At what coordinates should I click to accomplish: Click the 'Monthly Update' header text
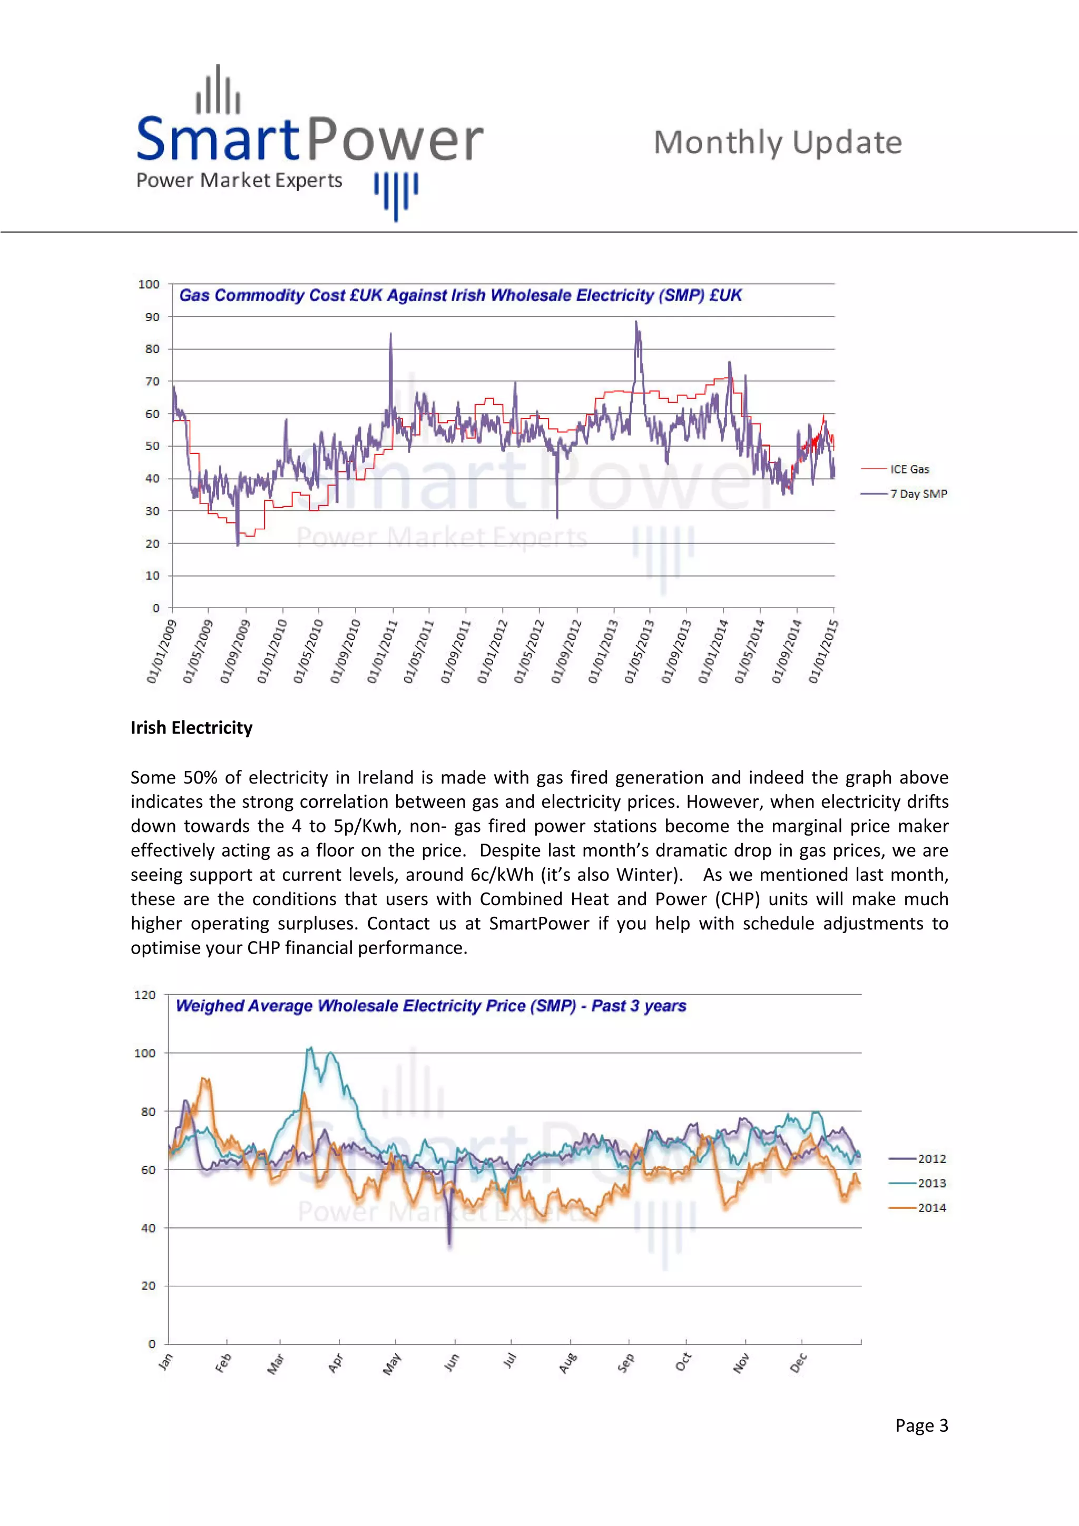point(777,143)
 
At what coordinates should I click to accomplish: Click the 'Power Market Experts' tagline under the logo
point(239,181)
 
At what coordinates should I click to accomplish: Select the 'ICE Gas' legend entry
point(909,469)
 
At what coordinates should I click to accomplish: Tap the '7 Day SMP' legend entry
point(918,494)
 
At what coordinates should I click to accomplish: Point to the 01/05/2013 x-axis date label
point(639,651)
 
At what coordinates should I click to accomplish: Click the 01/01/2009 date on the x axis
point(162,651)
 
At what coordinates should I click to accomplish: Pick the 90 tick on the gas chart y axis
point(152,317)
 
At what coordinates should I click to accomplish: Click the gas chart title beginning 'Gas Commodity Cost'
point(460,295)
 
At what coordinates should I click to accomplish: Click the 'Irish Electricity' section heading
point(191,728)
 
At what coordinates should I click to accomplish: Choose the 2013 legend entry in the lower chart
point(931,1183)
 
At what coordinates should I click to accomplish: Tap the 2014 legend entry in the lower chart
point(931,1207)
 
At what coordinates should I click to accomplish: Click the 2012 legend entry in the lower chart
point(931,1158)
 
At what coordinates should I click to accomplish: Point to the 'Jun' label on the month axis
point(452,1362)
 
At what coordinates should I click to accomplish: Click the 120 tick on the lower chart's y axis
point(144,995)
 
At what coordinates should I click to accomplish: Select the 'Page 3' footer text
point(921,1425)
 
